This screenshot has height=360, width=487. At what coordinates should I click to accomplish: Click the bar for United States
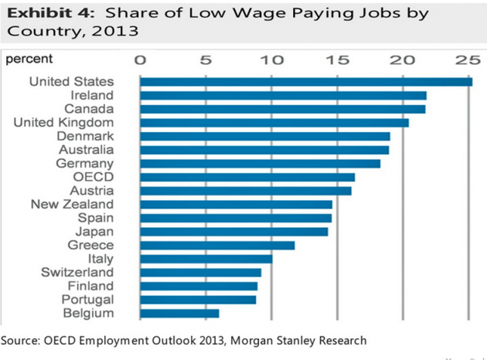pyautogui.click(x=306, y=82)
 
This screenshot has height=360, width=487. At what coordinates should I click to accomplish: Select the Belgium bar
pyautogui.click(x=179, y=313)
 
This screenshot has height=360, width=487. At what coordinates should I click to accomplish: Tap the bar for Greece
pyautogui.click(x=217, y=245)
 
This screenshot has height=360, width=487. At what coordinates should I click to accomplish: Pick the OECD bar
pyautogui.click(x=247, y=177)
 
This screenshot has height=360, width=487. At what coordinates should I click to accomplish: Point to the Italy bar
pyautogui.click(x=206, y=259)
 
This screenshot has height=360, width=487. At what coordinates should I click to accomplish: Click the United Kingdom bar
pyautogui.click(x=274, y=122)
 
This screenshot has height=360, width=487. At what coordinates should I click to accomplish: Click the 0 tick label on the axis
pyautogui.click(x=140, y=59)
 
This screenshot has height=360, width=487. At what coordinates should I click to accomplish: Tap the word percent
pyautogui.click(x=29, y=59)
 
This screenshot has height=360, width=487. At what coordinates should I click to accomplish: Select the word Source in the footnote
pyautogui.click(x=21, y=340)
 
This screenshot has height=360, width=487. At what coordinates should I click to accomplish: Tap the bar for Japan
pyautogui.click(x=234, y=232)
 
